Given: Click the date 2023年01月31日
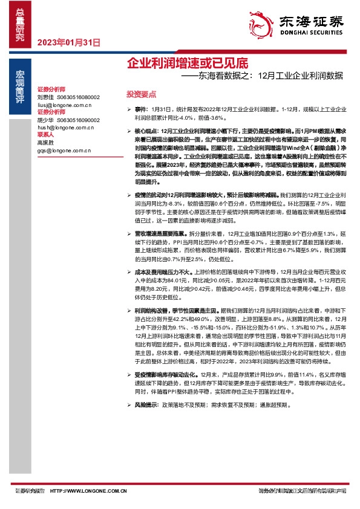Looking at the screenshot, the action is [x=68, y=42].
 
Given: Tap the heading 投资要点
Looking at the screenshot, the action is [x=141, y=94].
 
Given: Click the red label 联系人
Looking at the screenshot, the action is [x=46, y=136].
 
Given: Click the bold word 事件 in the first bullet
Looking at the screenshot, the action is [x=140, y=107].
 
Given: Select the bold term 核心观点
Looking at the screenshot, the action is [x=146, y=131].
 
